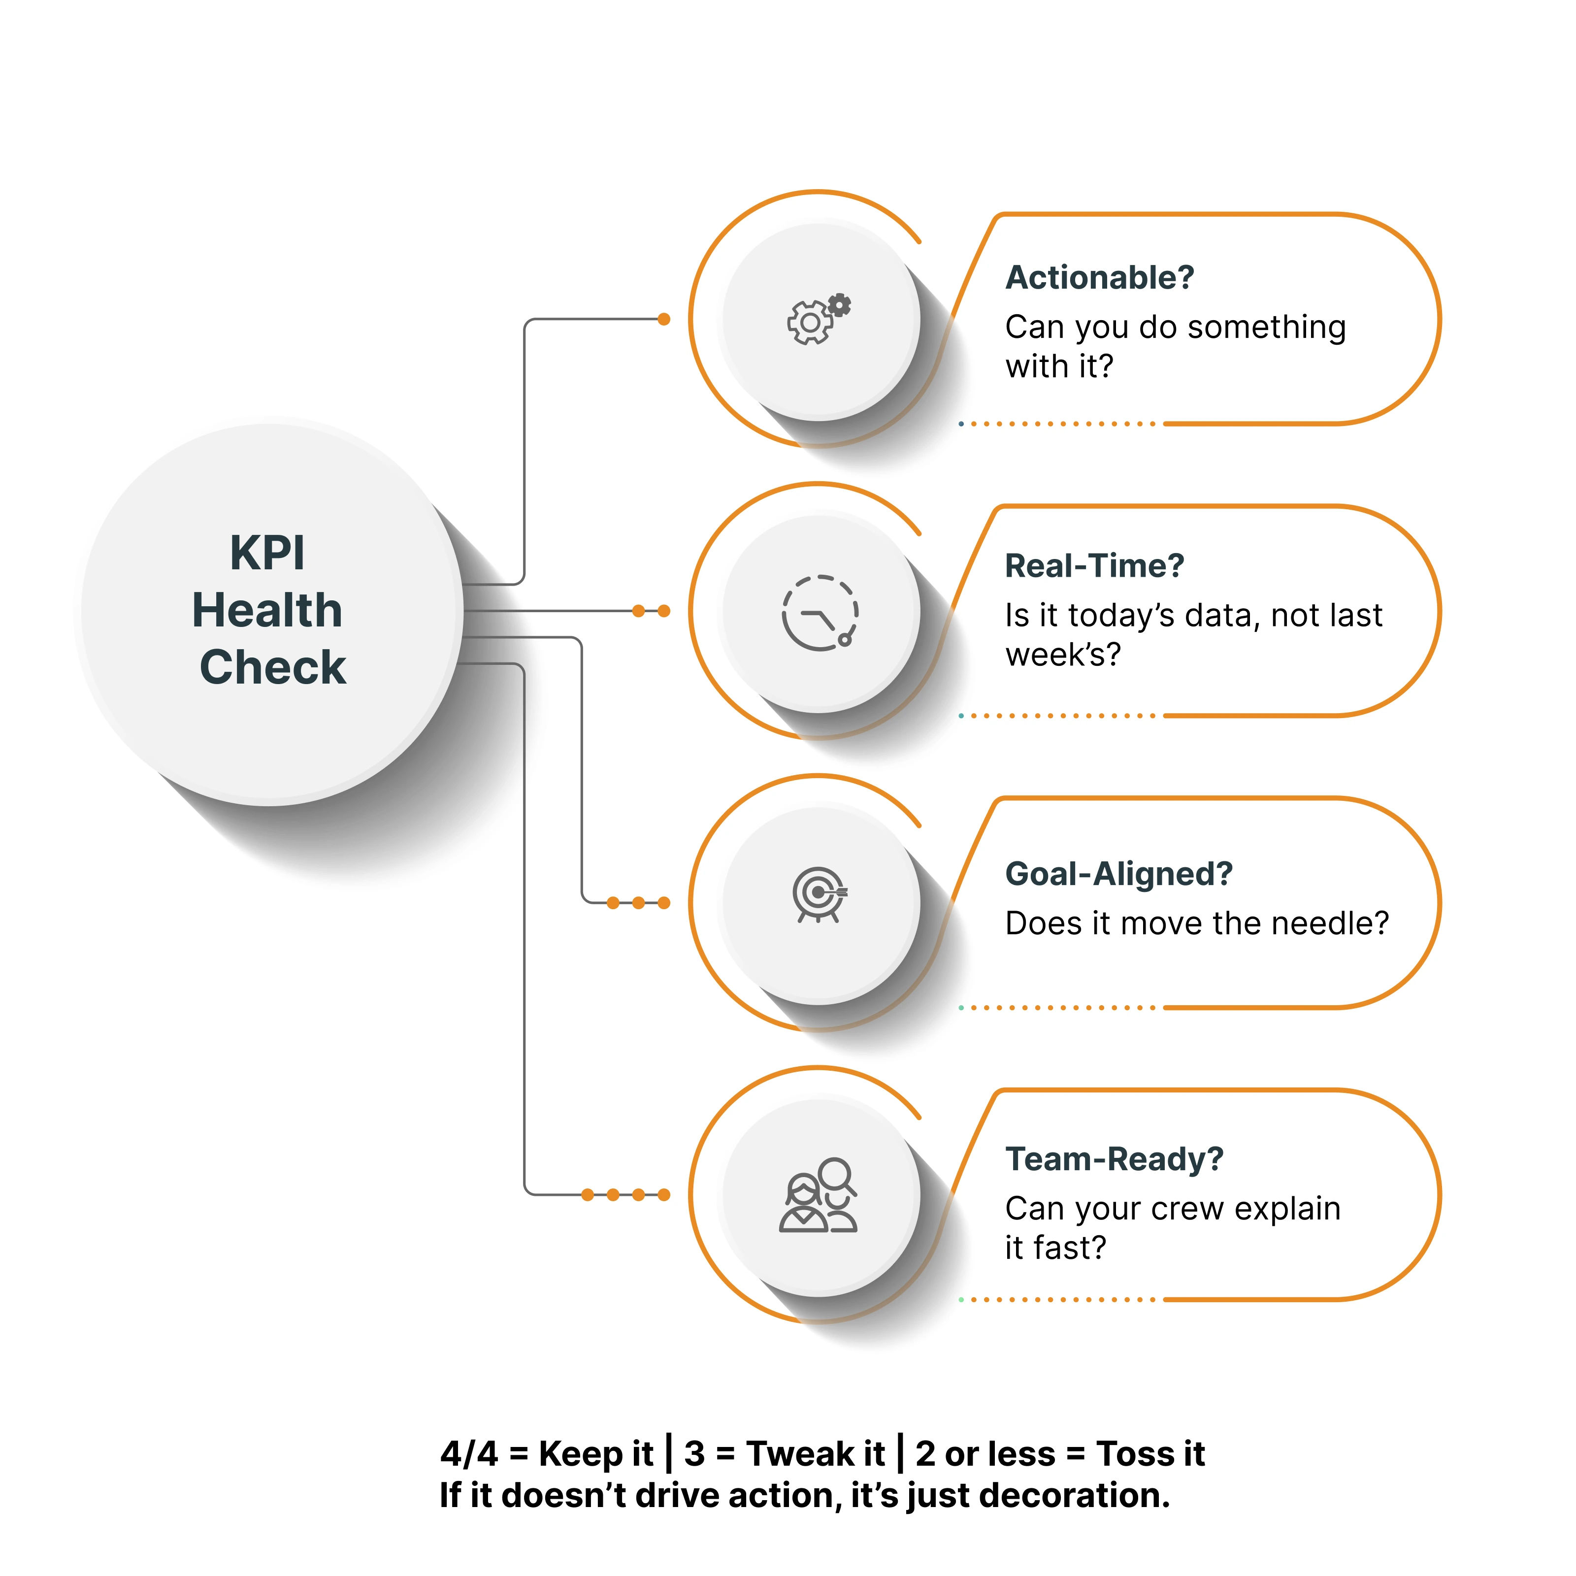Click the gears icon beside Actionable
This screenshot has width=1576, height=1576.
[x=818, y=319]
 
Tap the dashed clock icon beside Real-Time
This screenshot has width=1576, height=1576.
[x=820, y=613]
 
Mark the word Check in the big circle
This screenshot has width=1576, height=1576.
[x=272, y=667]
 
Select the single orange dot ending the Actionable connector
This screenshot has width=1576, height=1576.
[x=664, y=319]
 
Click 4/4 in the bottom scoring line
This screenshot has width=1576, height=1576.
[x=468, y=1454]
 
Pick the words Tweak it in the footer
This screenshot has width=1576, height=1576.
[x=816, y=1454]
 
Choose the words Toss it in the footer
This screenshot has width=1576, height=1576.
[x=1150, y=1454]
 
